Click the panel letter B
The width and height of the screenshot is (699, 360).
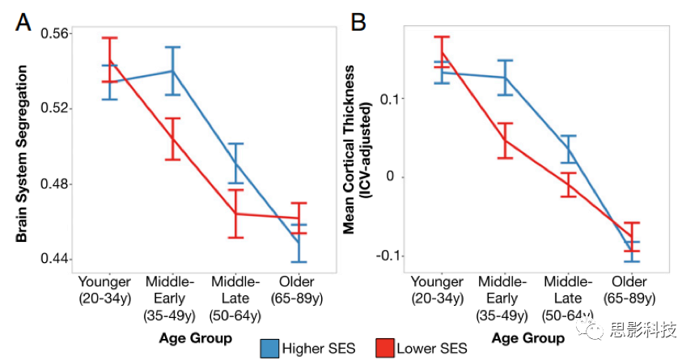point(358,23)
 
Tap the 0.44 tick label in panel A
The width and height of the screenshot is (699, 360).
point(55,260)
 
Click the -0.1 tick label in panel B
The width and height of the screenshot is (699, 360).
point(388,256)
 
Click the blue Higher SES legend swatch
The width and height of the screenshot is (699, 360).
point(269,348)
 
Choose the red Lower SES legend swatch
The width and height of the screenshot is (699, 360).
point(386,348)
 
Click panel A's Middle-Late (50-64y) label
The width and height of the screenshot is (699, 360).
point(235,297)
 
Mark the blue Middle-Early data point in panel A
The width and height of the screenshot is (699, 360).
point(172,71)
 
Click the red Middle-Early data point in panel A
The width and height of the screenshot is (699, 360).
point(172,138)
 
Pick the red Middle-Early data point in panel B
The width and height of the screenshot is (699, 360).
point(505,140)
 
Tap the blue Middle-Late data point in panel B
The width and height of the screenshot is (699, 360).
point(569,150)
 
